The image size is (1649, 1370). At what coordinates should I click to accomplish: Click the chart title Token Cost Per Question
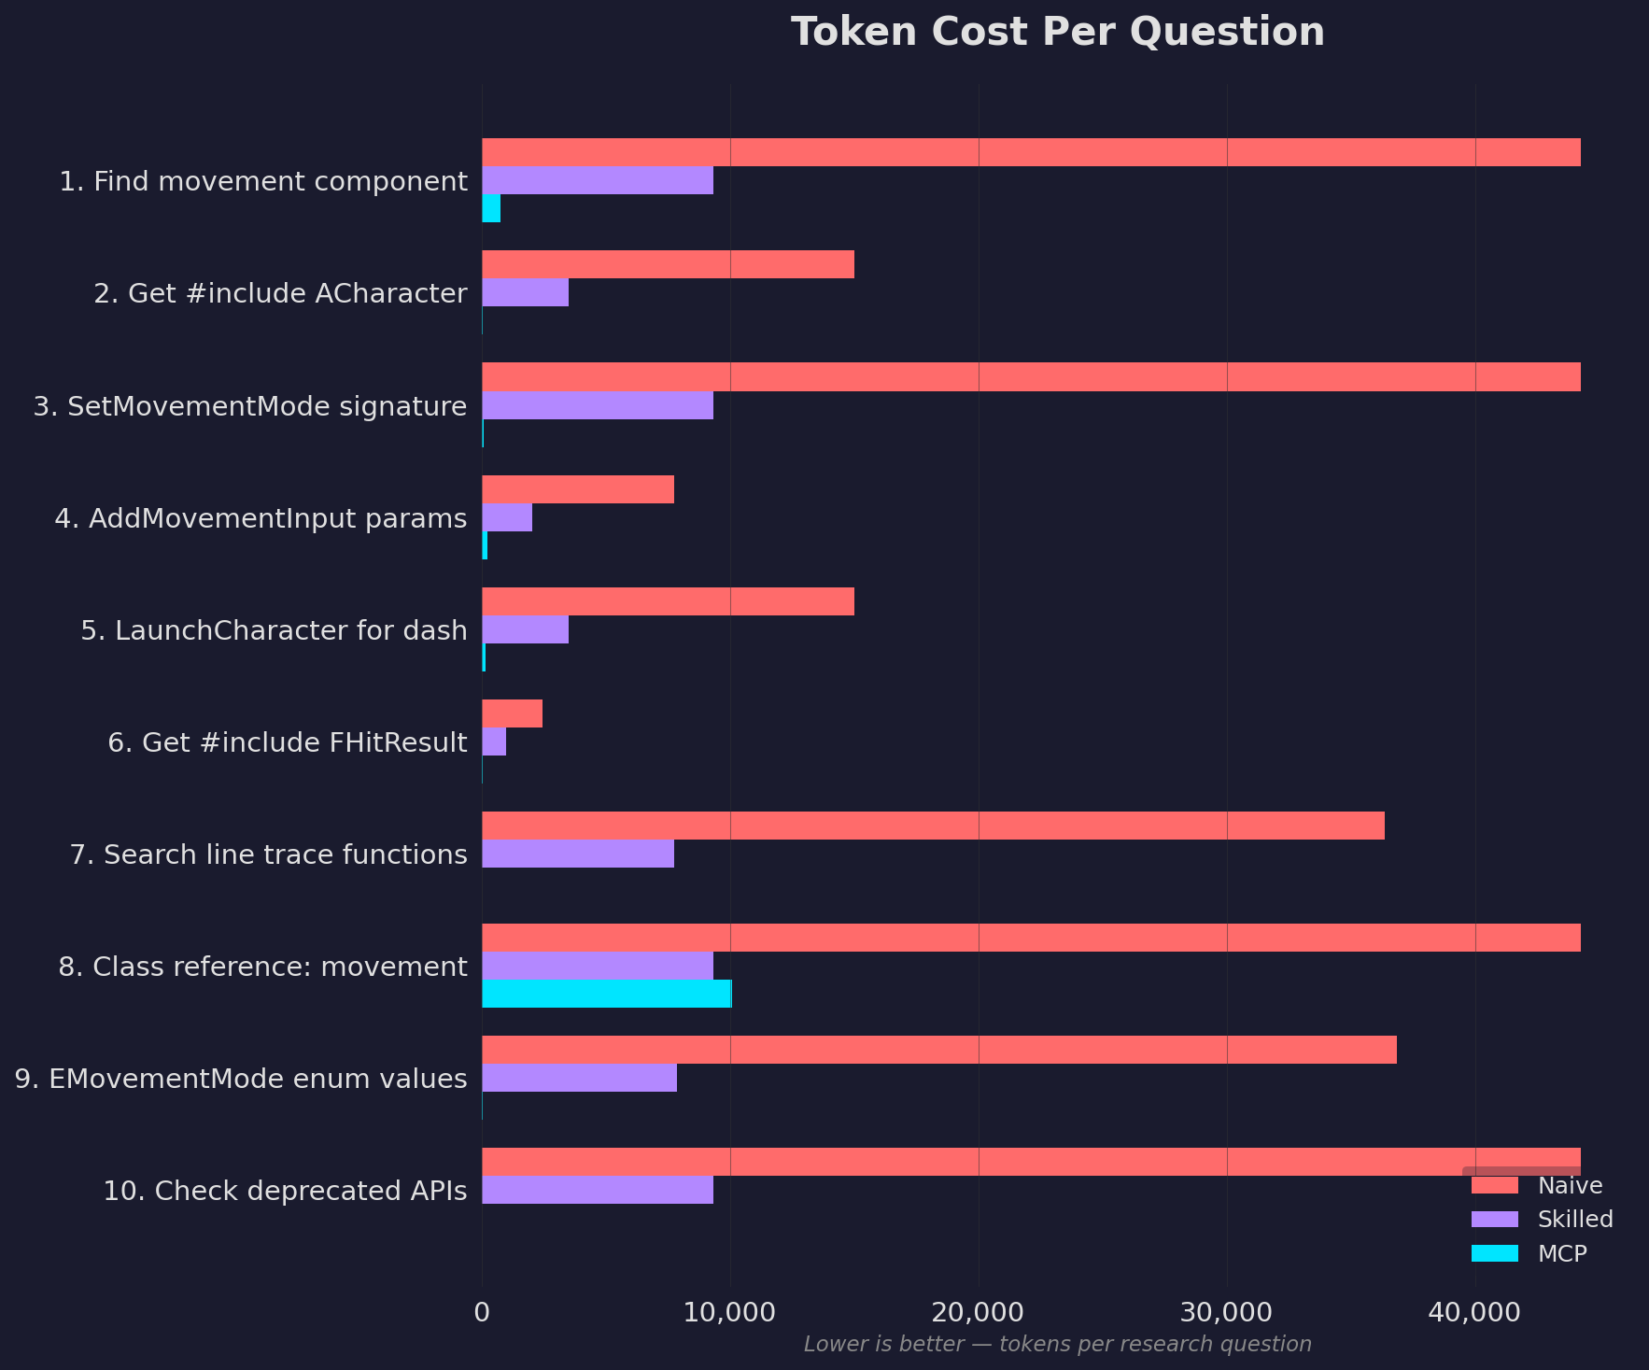tap(1057, 32)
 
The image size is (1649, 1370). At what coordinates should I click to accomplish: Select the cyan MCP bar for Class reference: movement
tap(606, 994)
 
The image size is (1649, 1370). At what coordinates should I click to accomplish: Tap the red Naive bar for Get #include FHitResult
tap(512, 713)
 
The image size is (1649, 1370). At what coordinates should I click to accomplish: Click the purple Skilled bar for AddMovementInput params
tap(507, 517)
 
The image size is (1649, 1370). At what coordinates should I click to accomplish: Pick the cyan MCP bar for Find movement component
tap(491, 208)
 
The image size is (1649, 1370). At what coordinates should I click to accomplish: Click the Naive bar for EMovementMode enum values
tap(938, 1050)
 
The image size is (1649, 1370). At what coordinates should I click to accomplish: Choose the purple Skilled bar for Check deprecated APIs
tap(598, 1190)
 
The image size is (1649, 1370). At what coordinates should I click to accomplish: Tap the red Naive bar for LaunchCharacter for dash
tap(668, 601)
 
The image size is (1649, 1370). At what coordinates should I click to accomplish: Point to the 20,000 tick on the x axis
tap(979, 1312)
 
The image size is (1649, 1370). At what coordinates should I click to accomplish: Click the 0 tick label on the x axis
tap(482, 1312)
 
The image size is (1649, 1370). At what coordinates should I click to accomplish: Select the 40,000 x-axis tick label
tap(1475, 1312)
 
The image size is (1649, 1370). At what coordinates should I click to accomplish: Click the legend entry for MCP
tap(1562, 1253)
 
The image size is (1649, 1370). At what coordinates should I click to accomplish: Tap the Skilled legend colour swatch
tap(1494, 1220)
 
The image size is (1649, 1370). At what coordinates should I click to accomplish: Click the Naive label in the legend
tap(1570, 1186)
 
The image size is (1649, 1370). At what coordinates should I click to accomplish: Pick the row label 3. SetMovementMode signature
tap(250, 406)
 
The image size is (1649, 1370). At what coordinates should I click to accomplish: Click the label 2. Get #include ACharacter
tap(280, 293)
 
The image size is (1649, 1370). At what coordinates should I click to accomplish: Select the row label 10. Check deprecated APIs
tap(285, 1191)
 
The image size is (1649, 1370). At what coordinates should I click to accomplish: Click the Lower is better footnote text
tap(1057, 1344)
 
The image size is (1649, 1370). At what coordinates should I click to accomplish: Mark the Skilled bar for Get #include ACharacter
tap(525, 292)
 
